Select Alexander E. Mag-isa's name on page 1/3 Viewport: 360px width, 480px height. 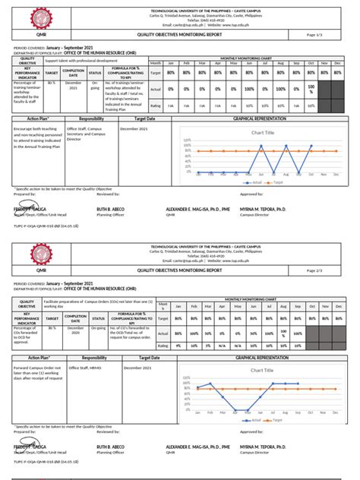(197, 207)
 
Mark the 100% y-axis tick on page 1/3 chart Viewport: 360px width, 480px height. (186, 141)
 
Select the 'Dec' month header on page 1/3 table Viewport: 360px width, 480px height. (336, 63)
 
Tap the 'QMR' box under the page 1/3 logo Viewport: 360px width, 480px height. (37, 35)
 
